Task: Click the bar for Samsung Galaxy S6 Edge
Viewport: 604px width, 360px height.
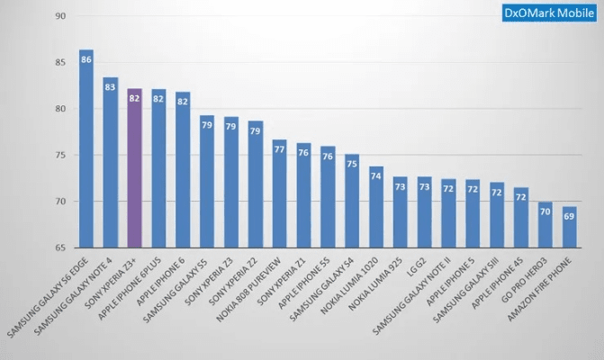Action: coord(86,153)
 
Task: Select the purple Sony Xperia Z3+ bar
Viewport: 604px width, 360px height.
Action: coord(135,171)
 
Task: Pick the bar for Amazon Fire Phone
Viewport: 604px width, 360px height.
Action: coord(570,229)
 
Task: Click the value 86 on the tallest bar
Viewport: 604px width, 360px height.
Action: coord(86,60)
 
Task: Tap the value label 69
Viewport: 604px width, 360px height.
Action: coord(570,216)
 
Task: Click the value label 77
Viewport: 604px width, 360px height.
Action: coord(280,149)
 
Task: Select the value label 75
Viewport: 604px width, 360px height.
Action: coord(352,164)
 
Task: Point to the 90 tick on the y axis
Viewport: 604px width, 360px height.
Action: coord(59,16)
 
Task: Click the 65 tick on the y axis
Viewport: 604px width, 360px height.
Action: coord(59,247)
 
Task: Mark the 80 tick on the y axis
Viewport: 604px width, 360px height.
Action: coord(59,109)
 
